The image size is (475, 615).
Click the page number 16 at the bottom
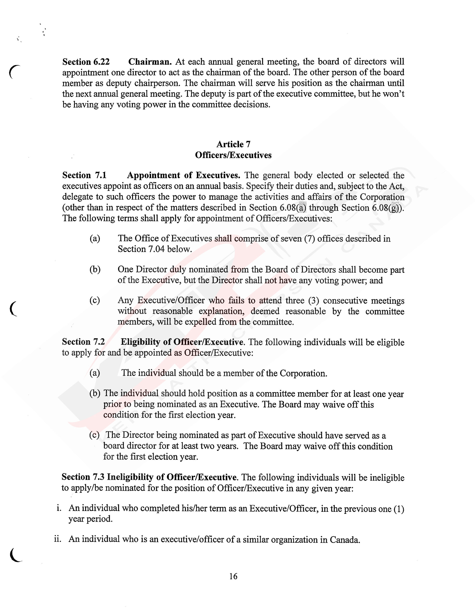tap(233, 576)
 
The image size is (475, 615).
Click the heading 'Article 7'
tap(233, 144)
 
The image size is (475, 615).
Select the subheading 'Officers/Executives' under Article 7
tap(233, 155)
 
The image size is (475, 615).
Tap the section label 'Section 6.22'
tap(86, 62)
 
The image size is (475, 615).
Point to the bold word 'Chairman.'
tap(150, 62)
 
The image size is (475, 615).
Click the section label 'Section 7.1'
tap(84, 175)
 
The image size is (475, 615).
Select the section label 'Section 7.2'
tap(83, 342)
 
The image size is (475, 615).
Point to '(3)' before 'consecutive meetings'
tap(313, 301)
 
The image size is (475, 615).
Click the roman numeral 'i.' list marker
tap(59, 508)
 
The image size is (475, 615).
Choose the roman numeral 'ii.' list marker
tap(58, 539)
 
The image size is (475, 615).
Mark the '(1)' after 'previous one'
tap(398, 509)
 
